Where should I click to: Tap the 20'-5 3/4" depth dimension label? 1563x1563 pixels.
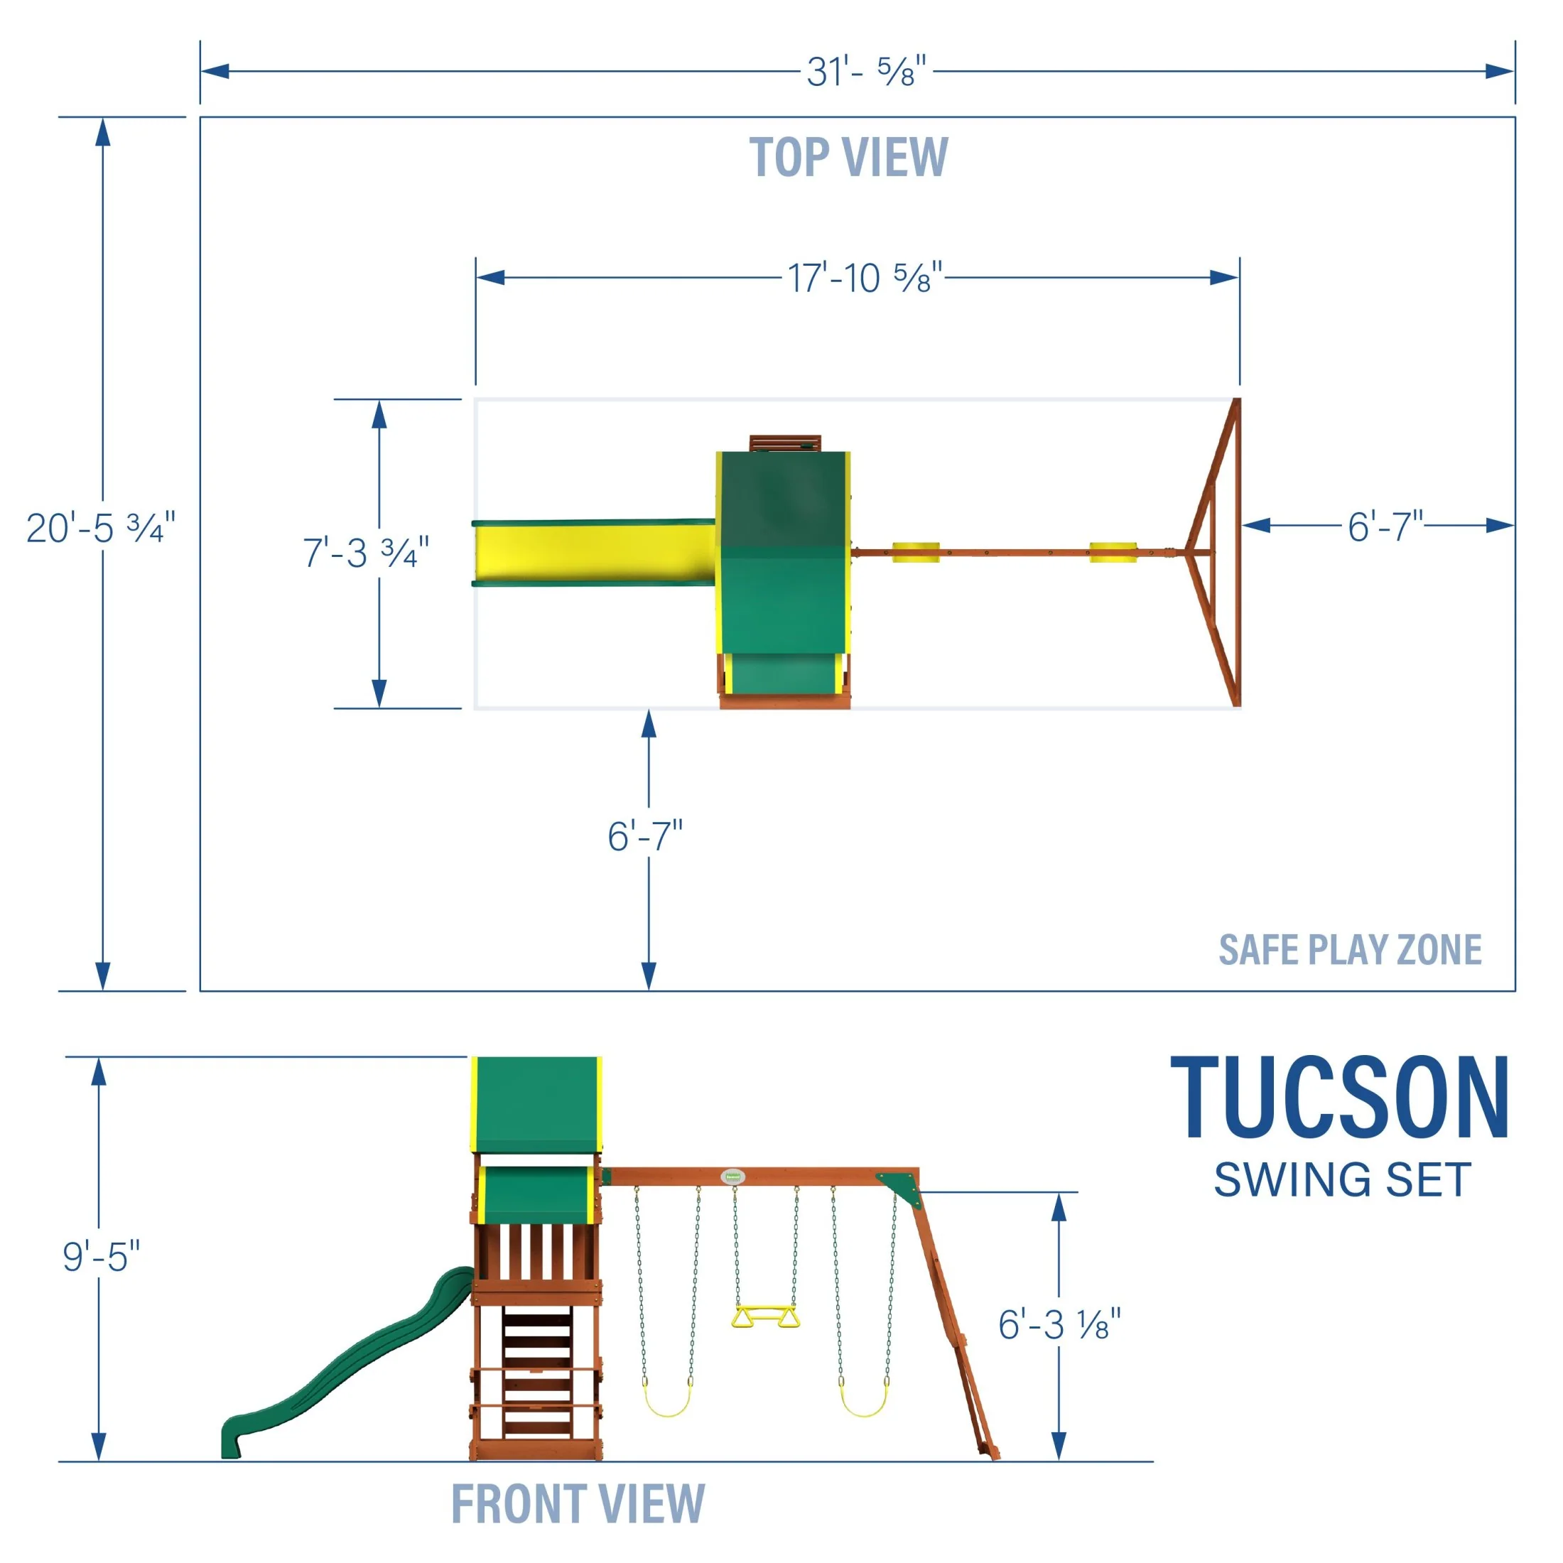(x=101, y=529)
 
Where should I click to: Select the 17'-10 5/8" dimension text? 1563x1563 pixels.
(x=865, y=278)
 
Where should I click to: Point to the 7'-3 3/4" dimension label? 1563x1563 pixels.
(x=366, y=553)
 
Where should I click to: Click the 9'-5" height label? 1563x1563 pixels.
(x=101, y=1256)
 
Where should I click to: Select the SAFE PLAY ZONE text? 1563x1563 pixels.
(x=1349, y=950)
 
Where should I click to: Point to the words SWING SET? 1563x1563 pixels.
(x=1342, y=1180)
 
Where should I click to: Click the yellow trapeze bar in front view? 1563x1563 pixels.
(x=764, y=1317)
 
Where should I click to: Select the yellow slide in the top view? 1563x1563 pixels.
(x=595, y=552)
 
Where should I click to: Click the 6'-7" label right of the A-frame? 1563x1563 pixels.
(x=1384, y=526)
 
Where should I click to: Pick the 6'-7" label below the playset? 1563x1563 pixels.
(x=645, y=836)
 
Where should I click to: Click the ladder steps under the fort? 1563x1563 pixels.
(x=536, y=1375)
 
